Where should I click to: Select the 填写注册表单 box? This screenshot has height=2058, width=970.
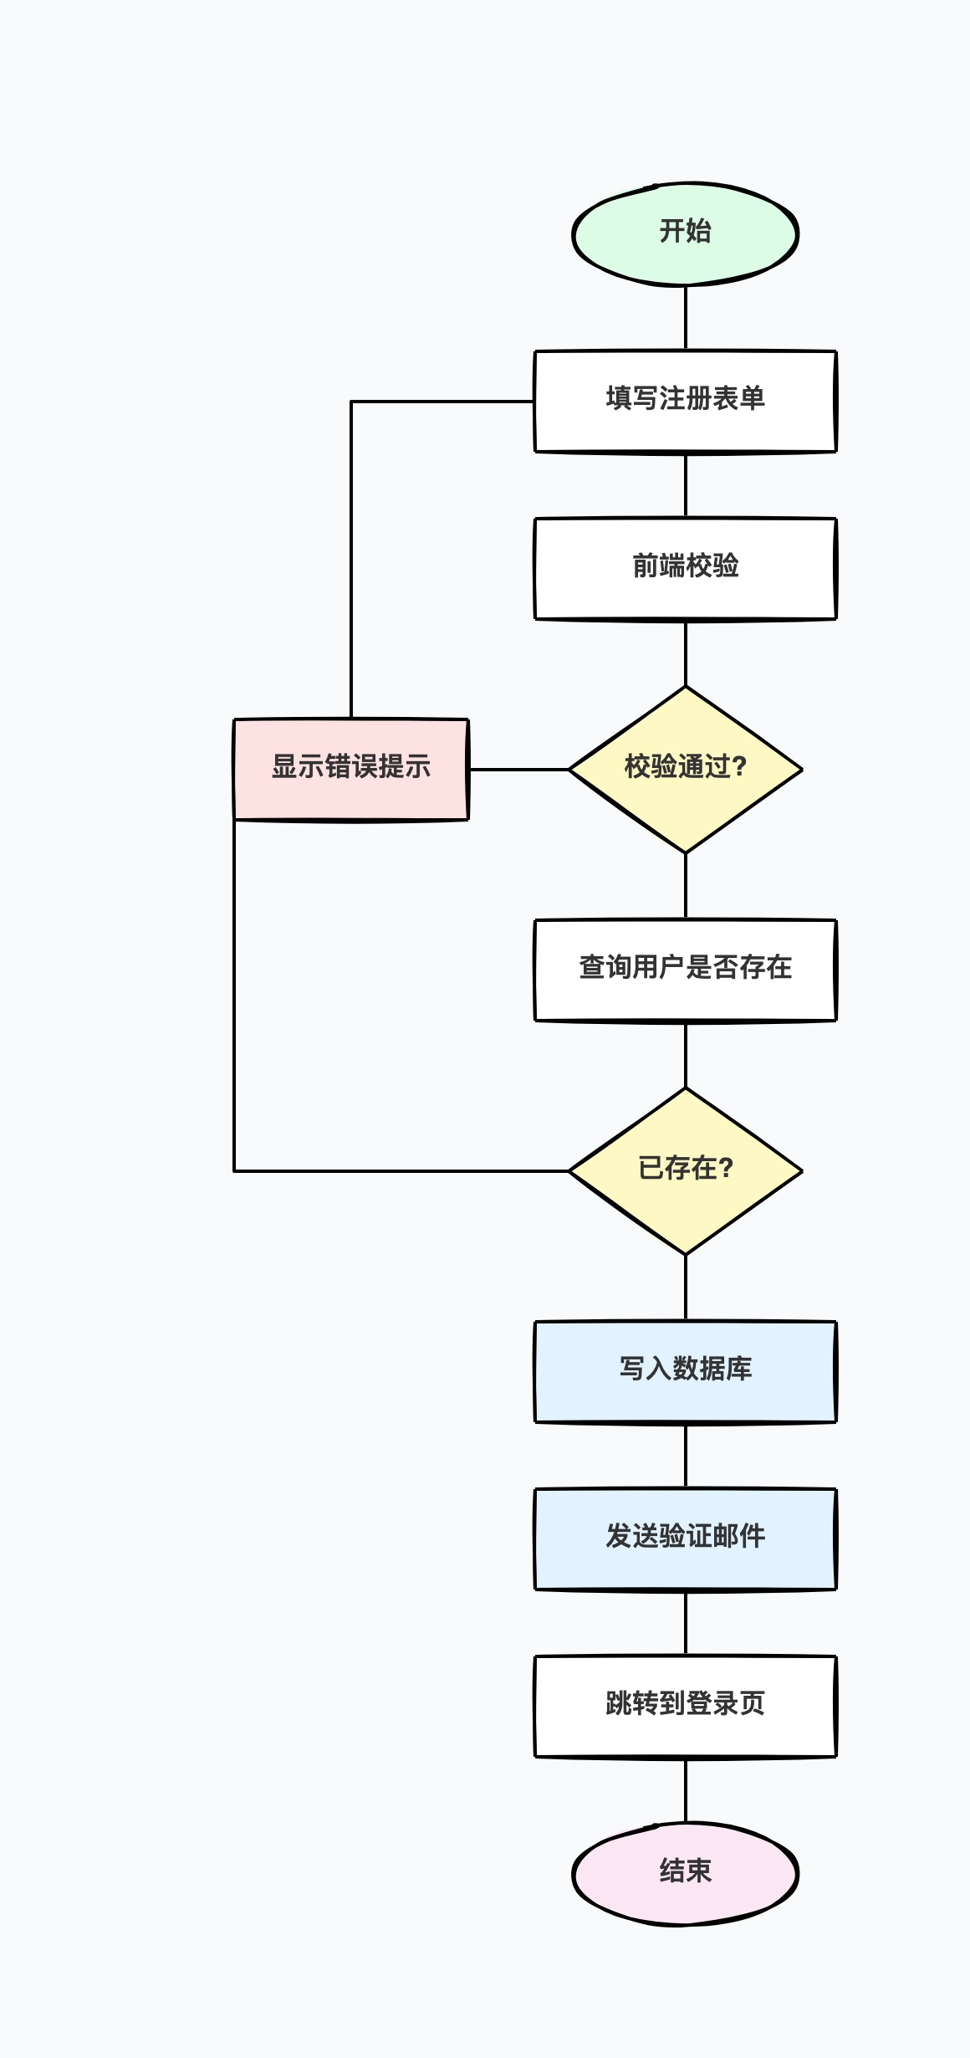tap(685, 401)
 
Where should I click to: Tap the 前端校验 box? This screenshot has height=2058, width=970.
tap(685, 568)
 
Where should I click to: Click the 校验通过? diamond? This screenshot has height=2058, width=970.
tap(685, 769)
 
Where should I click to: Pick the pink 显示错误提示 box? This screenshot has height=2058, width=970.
tap(350, 769)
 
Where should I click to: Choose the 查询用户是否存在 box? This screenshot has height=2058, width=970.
tap(685, 970)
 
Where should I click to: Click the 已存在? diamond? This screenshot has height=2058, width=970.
tap(685, 1170)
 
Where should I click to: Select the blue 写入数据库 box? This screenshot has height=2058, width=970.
tap(685, 1371)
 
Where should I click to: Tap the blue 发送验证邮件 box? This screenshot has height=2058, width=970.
tap(685, 1538)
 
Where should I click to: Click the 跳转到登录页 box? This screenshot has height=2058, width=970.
tap(685, 1706)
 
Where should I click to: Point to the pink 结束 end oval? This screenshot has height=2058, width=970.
tap(685, 1873)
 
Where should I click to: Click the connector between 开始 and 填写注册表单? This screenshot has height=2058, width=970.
tap(686, 318)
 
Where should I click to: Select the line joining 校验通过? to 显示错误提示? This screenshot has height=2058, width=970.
tap(518, 769)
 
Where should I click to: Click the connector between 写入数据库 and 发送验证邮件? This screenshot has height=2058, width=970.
tap(686, 1456)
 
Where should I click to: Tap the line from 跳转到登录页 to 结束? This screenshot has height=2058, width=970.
tap(686, 1790)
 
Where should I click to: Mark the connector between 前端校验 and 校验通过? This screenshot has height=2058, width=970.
tap(686, 653)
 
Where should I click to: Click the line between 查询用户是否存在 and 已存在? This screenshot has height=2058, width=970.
tap(686, 1054)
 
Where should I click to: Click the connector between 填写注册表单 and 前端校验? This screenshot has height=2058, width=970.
tap(686, 485)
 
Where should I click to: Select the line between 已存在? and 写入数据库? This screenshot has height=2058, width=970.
tap(686, 1288)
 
